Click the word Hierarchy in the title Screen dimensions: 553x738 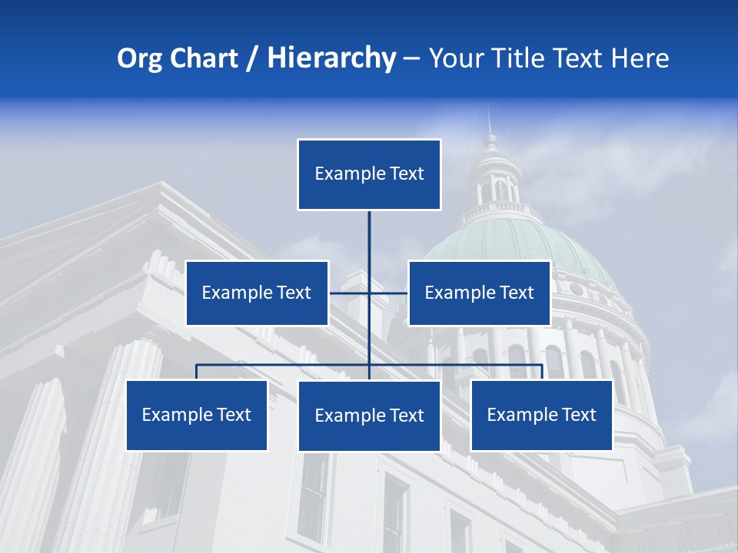coord(331,58)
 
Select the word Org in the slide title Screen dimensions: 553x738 coord(140,58)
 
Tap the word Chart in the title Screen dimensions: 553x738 coord(201,58)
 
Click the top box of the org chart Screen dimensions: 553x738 coord(369,174)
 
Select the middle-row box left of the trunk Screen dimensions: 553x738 coord(257,293)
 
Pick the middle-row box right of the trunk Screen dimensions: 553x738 coord(479,293)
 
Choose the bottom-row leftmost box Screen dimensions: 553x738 coord(197,415)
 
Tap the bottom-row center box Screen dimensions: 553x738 coord(369,416)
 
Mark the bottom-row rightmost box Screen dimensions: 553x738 coord(541,415)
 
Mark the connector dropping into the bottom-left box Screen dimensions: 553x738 coord(197,372)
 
